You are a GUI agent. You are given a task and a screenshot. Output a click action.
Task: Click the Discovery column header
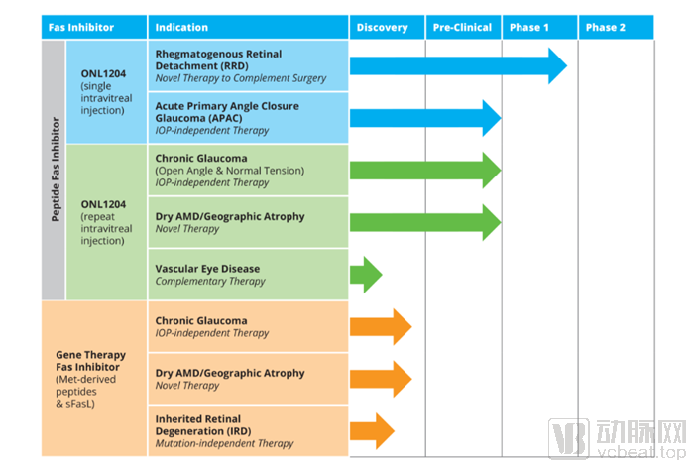[x=382, y=28]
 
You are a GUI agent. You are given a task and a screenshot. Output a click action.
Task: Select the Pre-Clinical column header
[x=462, y=28]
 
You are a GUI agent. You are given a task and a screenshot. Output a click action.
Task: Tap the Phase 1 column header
[x=528, y=28]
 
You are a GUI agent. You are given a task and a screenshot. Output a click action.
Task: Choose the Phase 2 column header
[x=605, y=28]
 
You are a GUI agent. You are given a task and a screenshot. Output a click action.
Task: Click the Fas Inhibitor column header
[x=81, y=28]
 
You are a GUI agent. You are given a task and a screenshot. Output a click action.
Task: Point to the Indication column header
[x=181, y=28]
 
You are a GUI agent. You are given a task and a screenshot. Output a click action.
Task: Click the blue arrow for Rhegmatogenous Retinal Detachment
[x=458, y=66]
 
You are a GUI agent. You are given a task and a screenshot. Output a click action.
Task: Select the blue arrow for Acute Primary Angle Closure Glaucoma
[x=425, y=118]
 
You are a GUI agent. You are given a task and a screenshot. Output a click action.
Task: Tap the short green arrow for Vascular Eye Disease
[x=366, y=275]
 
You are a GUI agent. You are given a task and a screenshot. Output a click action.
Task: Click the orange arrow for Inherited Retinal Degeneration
[x=372, y=431]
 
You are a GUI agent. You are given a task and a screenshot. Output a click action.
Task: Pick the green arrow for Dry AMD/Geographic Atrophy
[x=425, y=222]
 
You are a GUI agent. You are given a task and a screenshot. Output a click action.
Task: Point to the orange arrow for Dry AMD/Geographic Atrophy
[x=381, y=379]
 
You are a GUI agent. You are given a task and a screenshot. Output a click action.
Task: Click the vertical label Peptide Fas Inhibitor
[x=55, y=170]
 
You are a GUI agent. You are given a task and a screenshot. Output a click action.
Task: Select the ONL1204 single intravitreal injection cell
[x=106, y=92]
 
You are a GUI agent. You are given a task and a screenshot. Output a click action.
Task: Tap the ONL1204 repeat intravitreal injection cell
[x=106, y=223]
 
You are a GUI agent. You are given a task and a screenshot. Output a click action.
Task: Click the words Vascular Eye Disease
[x=207, y=269]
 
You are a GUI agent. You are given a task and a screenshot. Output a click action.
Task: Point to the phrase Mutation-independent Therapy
[x=224, y=443]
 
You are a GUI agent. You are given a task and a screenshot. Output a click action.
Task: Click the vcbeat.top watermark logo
[x=618, y=438]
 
